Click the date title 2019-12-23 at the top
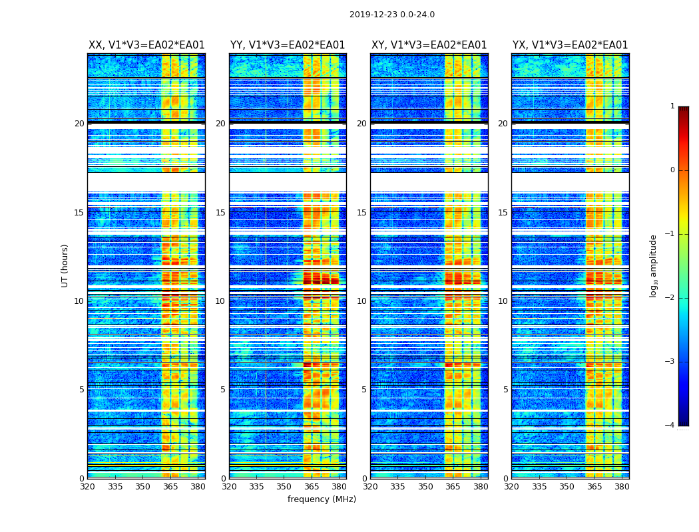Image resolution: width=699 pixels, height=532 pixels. [391, 15]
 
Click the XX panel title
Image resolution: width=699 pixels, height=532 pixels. [146, 45]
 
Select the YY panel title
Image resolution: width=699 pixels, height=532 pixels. [288, 45]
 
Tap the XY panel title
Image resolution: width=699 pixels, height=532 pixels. [429, 45]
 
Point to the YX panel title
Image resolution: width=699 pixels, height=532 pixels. [570, 45]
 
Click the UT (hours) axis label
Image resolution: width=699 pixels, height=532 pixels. [65, 265]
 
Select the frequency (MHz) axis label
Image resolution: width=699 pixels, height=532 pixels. [322, 499]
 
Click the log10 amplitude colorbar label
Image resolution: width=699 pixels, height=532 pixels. [653, 265]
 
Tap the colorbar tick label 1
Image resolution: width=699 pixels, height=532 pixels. [672, 106]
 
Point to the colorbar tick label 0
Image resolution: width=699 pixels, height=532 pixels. [672, 170]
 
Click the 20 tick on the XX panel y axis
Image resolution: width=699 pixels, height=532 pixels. [79, 124]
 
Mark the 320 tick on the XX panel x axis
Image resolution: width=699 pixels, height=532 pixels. [88, 487]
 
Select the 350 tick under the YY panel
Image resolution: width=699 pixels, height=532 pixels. [284, 487]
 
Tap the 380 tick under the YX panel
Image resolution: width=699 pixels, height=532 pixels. [622, 487]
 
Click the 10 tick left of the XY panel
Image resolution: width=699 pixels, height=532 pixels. [361, 301]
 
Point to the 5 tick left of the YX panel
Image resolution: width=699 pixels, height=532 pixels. [505, 390]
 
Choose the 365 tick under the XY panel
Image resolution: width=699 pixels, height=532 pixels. [453, 487]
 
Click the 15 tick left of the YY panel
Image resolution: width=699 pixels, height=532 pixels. [220, 213]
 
